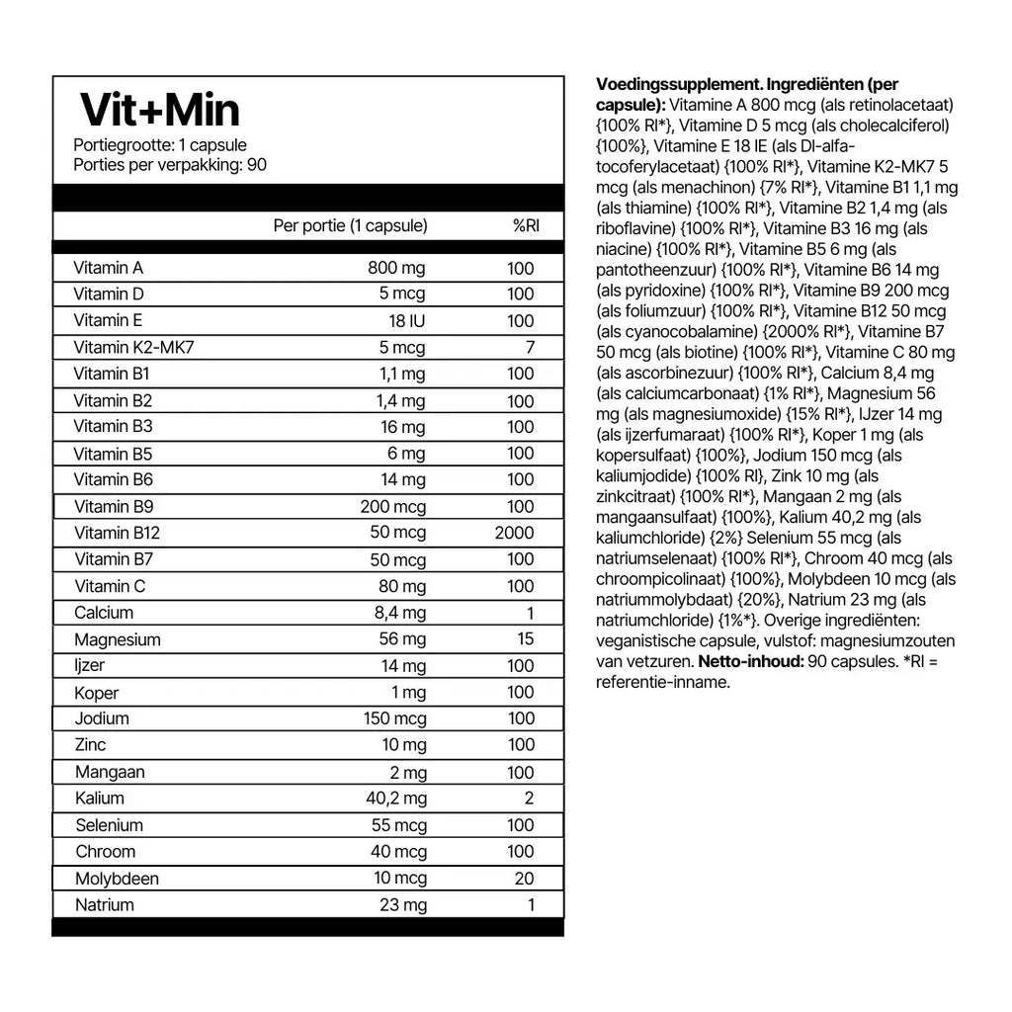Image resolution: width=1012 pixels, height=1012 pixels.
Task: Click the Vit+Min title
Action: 159,111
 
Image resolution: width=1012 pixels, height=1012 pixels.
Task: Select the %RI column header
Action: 525,225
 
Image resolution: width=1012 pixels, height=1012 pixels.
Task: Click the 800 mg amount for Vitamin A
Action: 395,268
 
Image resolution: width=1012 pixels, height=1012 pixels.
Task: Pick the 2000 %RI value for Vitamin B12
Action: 515,533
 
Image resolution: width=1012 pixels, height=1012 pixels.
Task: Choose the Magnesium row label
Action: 117,639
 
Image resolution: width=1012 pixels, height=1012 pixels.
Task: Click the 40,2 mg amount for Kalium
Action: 397,799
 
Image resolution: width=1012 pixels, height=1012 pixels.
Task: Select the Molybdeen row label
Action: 117,879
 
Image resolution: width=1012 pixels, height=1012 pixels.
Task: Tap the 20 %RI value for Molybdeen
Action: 524,879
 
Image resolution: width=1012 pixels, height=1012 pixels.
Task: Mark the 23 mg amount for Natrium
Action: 403,905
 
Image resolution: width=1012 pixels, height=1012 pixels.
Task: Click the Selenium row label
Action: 109,825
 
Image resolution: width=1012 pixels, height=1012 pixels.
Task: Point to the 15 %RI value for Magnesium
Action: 525,639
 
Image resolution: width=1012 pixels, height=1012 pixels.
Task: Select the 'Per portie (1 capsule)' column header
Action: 350,225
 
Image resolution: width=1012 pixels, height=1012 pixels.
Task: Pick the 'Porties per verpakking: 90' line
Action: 170,164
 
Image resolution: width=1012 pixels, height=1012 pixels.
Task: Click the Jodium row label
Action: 102,718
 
